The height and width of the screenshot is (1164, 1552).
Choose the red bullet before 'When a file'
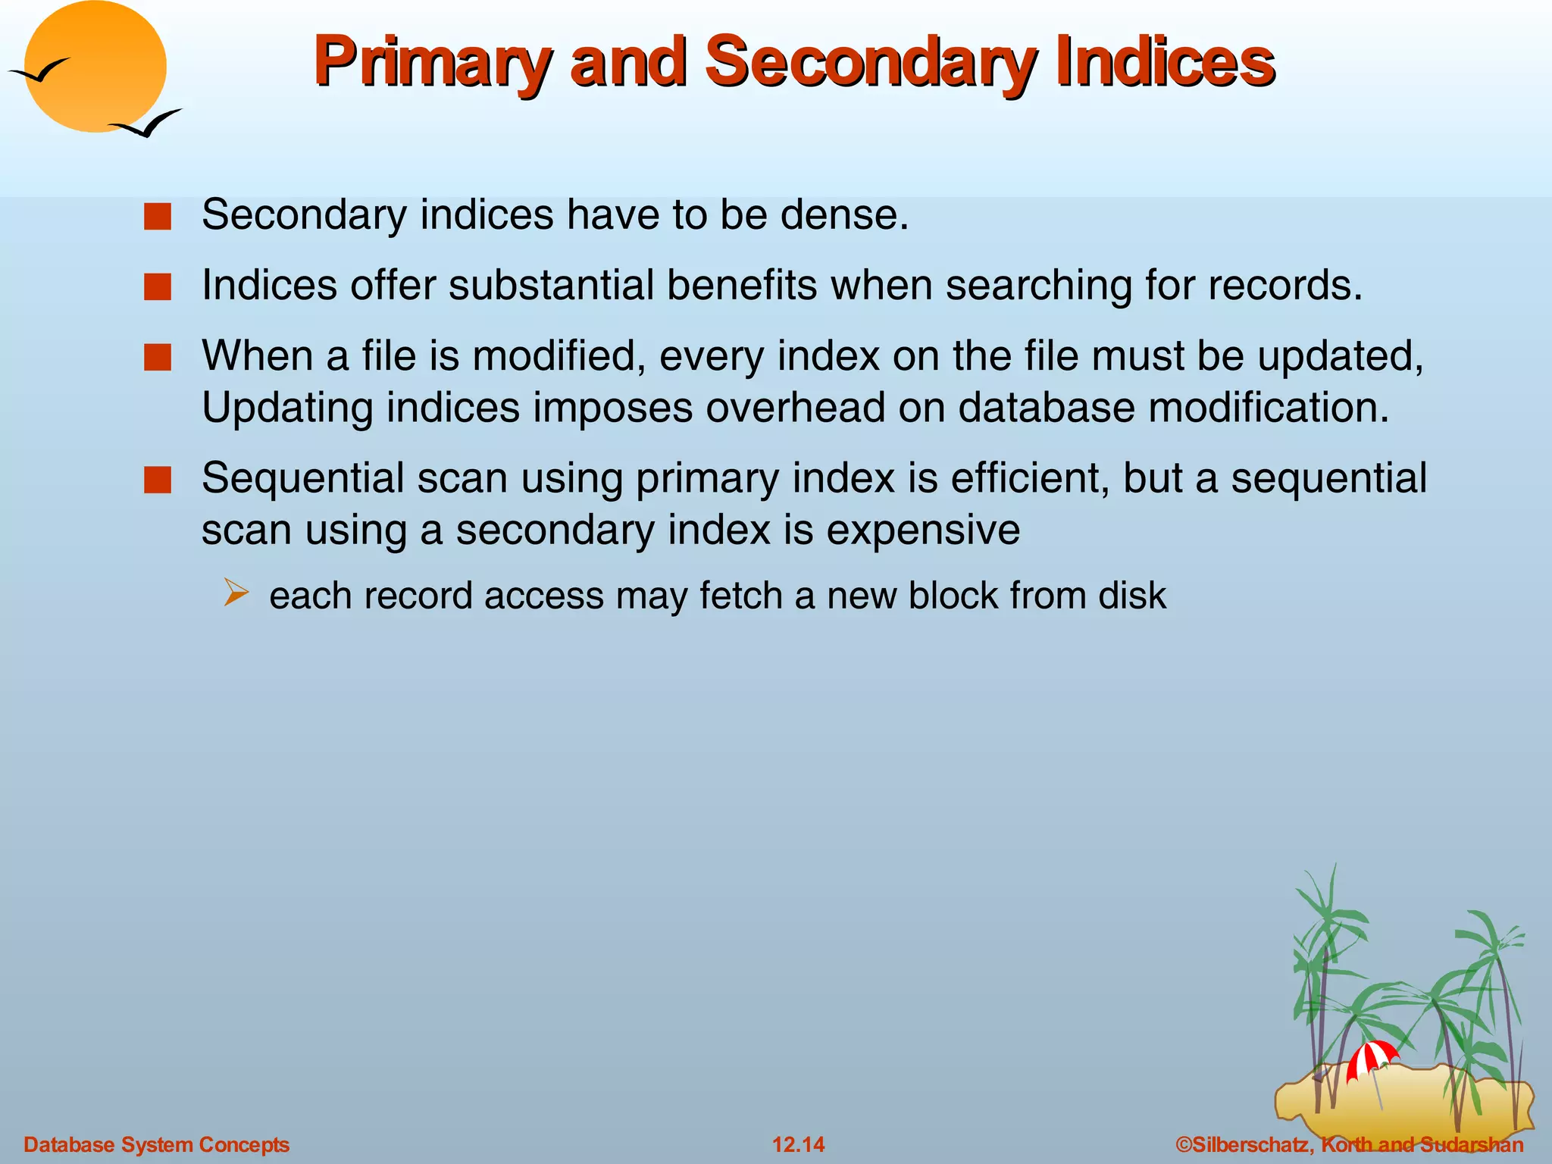[158, 358]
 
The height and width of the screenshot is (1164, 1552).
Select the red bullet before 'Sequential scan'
[158, 480]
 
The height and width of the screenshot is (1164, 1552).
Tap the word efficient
[1030, 479]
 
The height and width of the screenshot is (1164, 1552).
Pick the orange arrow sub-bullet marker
[236, 593]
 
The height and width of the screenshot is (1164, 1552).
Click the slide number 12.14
[798, 1144]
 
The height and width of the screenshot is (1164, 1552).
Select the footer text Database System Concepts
[157, 1144]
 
